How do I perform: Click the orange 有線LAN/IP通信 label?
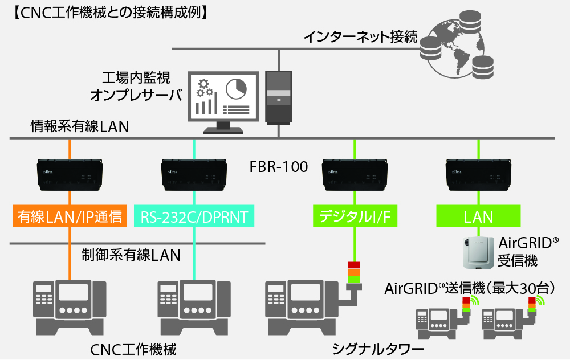[70, 216]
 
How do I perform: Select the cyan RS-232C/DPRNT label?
[194, 216]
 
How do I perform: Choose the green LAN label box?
[478, 216]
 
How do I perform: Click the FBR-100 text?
[279, 167]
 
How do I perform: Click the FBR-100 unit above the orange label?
[70, 173]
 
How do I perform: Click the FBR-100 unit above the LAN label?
[478, 173]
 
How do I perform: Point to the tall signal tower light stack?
[354, 272]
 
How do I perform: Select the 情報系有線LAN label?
[79, 126]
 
